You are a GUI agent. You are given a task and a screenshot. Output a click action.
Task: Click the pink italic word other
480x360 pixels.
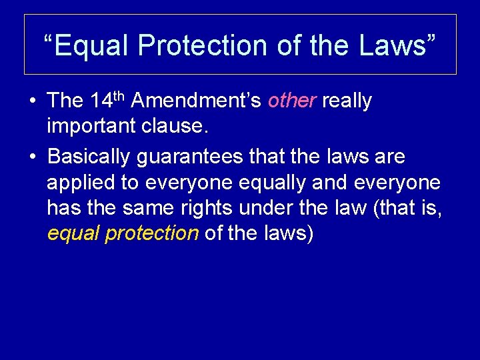(292, 101)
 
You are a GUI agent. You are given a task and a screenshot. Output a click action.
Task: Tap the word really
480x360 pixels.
(347, 101)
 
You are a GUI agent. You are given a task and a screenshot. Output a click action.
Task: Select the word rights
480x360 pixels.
(201, 208)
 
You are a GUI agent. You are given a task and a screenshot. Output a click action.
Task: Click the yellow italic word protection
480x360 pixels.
(157, 234)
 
